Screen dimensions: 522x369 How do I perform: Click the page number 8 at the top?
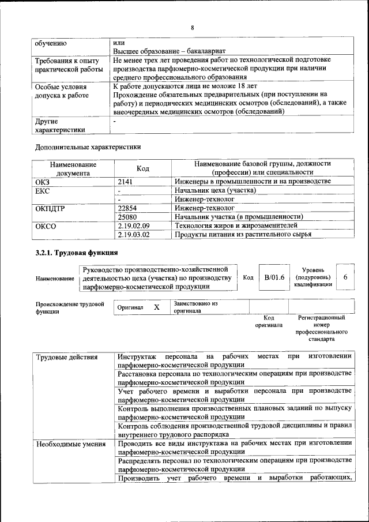pyautogui.click(x=193, y=27)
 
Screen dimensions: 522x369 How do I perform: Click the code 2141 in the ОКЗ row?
pyautogui.click(x=125, y=182)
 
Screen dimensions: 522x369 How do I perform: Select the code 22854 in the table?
pyautogui.click(x=127, y=208)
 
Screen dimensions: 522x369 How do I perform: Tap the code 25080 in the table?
pyautogui.click(x=127, y=216)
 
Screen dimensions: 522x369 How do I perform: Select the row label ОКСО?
pyautogui.click(x=46, y=226)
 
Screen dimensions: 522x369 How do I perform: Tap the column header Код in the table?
pyautogui.click(x=142, y=168)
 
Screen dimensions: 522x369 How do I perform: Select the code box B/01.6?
pyautogui.click(x=274, y=277)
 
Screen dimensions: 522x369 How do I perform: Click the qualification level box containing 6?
pyautogui.click(x=345, y=277)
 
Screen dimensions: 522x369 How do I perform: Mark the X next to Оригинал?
pyautogui.click(x=156, y=307)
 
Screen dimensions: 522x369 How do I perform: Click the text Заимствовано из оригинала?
pyautogui.click(x=195, y=306)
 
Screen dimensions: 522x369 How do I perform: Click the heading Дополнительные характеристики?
pyautogui.click(x=88, y=147)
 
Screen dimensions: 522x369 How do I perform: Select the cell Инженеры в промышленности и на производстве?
pyautogui.click(x=253, y=182)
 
